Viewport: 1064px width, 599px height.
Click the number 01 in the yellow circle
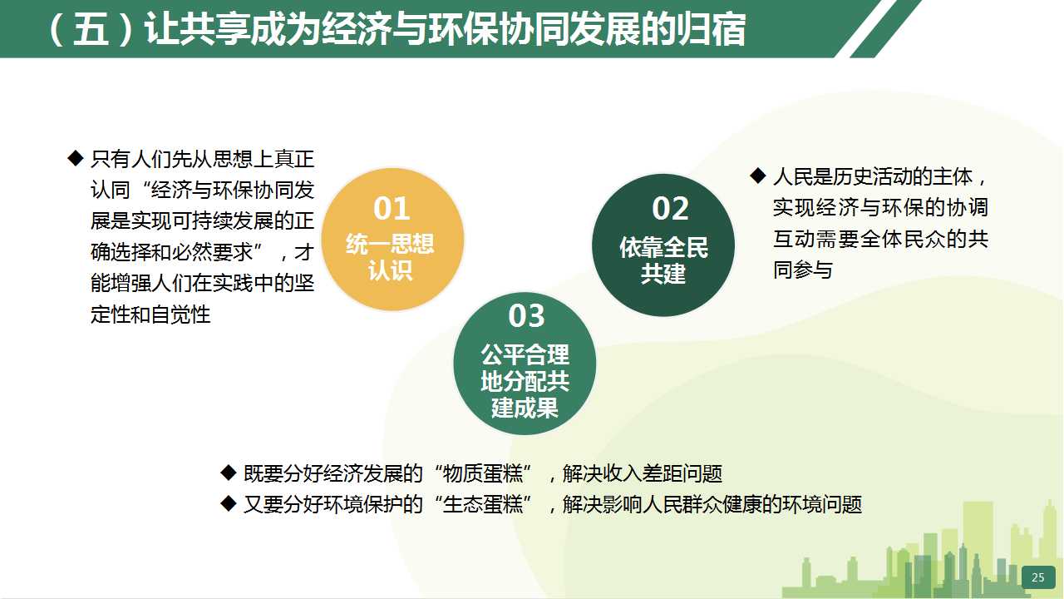coord(392,208)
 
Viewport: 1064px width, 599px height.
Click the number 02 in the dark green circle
coord(670,208)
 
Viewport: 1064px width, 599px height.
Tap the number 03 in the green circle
coord(526,315)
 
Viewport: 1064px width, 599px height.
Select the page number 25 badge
coord(1038,577)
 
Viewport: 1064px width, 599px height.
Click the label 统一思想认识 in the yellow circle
coord(390,257)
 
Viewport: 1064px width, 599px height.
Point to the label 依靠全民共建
coord(663,260)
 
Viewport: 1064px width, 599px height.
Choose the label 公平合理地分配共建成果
coord(525,381)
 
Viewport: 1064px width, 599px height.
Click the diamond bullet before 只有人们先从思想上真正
coord(76,158)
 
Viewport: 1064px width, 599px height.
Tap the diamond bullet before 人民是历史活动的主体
coord(758,176)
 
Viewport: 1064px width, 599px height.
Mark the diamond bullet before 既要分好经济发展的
coord(229,473)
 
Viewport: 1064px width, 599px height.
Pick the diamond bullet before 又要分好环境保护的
coord(229,503)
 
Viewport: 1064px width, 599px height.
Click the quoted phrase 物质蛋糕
coord(483,473)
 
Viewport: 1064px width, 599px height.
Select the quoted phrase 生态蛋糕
coord(483,504)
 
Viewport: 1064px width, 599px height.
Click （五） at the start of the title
coord(91,29)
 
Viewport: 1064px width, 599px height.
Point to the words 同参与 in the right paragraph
coord(803,270)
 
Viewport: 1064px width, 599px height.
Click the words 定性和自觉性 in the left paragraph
coord(150,314)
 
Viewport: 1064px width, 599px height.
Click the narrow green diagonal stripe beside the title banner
coord(886,28)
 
